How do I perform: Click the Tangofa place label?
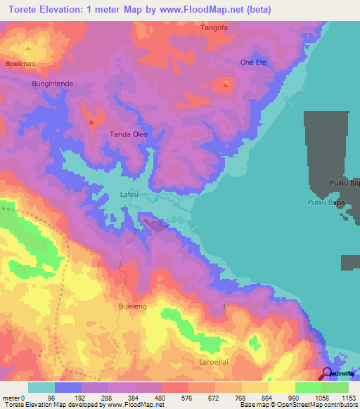pos(214,27)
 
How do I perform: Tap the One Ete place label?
pos(254,62)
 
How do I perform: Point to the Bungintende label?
pos(53,83)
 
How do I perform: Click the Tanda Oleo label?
pos(127,134)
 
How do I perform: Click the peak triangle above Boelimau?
pos(28,48)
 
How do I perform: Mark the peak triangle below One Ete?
pos(226,86)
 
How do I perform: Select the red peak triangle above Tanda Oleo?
pos(91,123)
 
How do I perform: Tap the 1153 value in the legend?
pos(349,398)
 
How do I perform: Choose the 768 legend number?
pos(229,398)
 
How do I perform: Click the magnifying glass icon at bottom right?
pos(328,373)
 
